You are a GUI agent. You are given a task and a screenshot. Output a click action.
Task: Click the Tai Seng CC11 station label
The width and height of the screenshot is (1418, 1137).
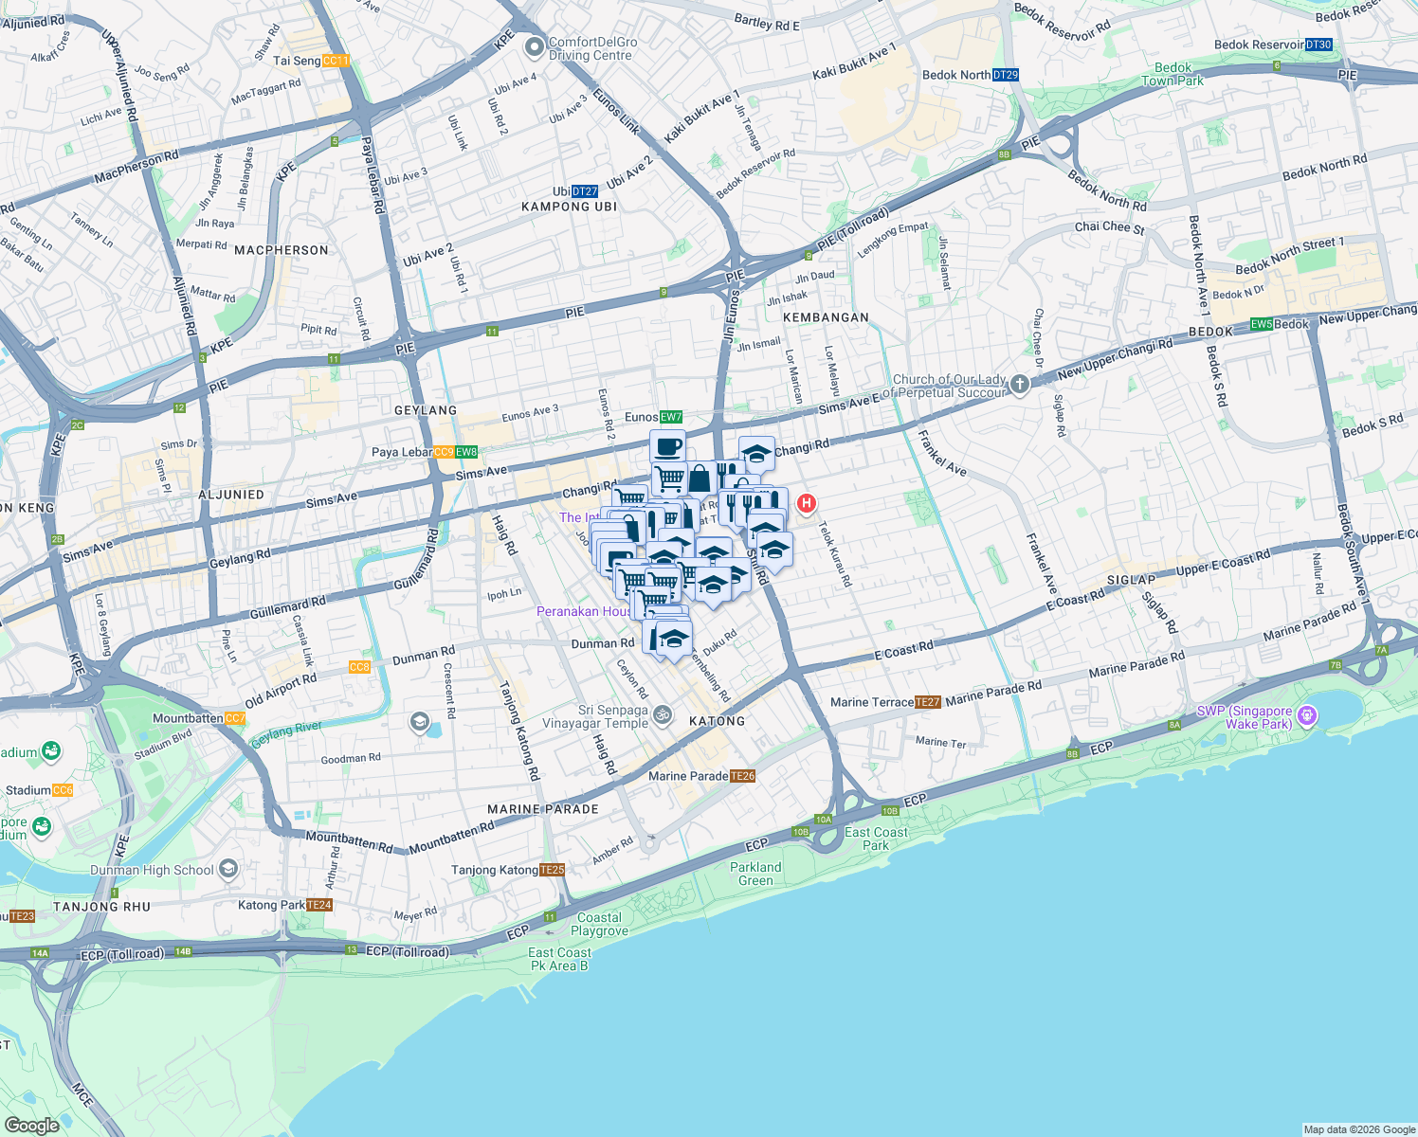click(312, 61)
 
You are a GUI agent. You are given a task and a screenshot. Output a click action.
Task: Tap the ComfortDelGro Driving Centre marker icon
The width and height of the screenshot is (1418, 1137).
click(535, 45)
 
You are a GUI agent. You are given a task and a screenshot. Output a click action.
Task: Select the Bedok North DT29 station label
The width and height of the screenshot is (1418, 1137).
click(970, 75)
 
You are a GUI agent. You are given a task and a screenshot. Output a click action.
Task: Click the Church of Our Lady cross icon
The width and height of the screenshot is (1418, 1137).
click(1019, 384)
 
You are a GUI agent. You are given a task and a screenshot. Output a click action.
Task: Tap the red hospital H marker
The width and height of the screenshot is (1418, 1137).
click(806, 503)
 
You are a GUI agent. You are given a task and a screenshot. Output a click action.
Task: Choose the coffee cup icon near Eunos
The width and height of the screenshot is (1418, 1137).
click(667, 445)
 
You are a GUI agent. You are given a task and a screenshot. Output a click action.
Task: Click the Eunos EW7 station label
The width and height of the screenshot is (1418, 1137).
click(654, 417)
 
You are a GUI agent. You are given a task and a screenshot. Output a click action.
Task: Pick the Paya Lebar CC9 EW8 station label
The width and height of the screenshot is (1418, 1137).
click(425, 452)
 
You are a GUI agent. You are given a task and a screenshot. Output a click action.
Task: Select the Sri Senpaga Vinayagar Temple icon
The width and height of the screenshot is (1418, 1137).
click(664, 715)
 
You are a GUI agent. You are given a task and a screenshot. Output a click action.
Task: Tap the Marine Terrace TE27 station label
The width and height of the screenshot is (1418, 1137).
click(885, 702)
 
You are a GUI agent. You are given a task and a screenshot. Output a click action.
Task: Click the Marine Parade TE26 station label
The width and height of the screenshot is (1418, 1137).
click(701, 776)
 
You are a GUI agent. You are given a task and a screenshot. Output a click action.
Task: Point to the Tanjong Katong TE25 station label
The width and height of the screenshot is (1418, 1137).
click(508, 870)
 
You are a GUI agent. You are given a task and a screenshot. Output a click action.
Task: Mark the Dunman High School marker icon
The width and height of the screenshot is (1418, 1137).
click(227, 868)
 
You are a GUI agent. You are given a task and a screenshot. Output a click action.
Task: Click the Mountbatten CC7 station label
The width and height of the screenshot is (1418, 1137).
click(199, 718)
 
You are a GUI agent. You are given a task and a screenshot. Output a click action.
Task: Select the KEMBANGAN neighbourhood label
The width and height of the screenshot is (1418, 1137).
click(826, 317)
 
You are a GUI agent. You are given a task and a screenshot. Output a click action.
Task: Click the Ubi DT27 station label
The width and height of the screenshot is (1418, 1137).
click(575, 191)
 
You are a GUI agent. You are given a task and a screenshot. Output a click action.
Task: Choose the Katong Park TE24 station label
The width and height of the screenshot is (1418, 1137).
click(285, 905)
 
